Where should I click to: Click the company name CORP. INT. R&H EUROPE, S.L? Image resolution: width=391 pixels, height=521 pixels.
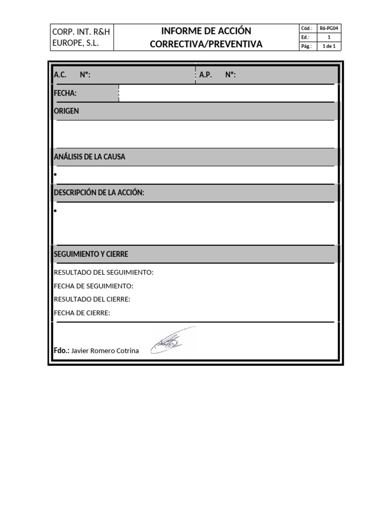click(81, 38)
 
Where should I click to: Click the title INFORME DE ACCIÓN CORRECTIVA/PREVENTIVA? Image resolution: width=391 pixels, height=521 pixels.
click(206, 38)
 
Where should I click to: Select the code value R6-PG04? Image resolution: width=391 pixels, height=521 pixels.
click(329, 28)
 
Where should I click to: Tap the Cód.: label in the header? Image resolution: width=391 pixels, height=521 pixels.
click(307, 28)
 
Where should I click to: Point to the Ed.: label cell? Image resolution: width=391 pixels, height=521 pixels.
click(307, 37)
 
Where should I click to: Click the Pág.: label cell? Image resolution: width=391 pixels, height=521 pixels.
click(307, 46)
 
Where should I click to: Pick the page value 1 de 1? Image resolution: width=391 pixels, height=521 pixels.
click(329, 46)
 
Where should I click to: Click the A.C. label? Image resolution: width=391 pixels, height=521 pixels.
click(60, 75)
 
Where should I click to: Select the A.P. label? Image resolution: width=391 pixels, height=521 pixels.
click(206, 75)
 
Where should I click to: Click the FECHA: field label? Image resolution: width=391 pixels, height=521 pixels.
click(65, 93)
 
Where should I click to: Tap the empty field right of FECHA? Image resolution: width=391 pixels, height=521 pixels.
click(227, 93)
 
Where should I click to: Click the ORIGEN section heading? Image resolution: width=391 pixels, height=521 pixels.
click(67, 111)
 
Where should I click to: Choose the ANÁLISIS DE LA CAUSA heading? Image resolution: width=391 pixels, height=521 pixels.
click(90, 157)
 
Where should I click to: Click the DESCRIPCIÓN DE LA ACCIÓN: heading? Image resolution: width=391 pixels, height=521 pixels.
click(99, 192)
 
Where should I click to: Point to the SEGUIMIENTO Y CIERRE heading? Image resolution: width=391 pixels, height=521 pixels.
click(91, 254)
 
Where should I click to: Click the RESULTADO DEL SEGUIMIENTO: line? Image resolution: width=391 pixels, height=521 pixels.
click(103, 272)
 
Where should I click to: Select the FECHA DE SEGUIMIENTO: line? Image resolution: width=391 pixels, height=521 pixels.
click(94, 286)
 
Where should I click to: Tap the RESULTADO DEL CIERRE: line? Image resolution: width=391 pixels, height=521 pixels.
click(92, 299)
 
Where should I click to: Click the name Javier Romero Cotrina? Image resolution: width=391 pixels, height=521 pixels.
click(105, 351)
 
